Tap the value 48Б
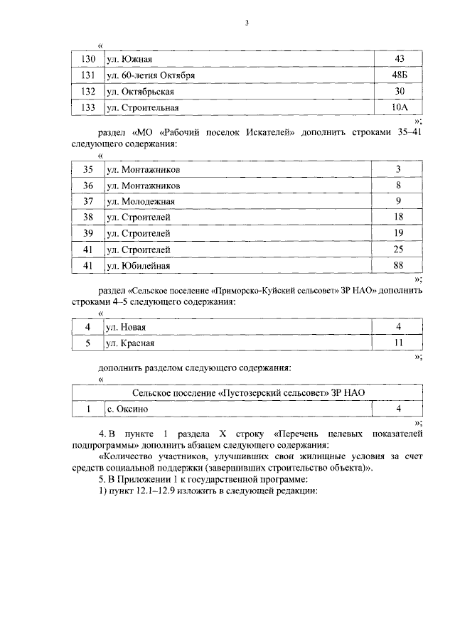coord(399,75)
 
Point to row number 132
coord(88,92)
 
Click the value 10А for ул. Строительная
coord(399,108)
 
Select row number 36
coord(88,186)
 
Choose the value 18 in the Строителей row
coord(399,218)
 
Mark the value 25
coord(399,249)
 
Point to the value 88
coord(399,266)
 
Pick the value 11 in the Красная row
coord(399,343)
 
